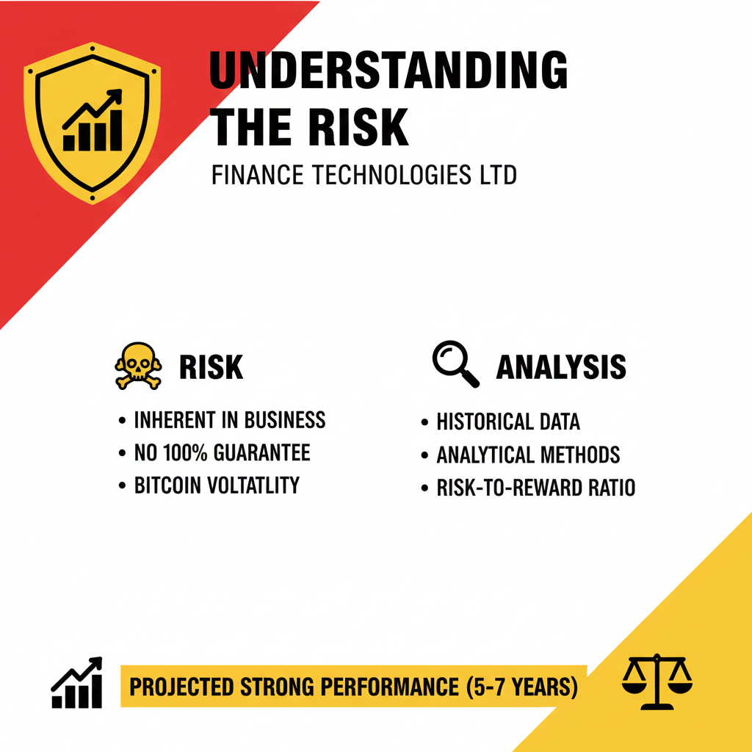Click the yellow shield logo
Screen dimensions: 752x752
[x=92, y=123]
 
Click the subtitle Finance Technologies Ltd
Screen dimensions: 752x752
[x=364, y=175]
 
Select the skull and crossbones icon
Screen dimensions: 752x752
[x=138, y=366]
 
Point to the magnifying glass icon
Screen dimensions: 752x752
[x=455, y=364]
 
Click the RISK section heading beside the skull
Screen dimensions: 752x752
[x=211, y=367]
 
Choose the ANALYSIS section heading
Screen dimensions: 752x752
[x=561, y=367]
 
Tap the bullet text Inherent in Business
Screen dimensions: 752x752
[x=230, y=420]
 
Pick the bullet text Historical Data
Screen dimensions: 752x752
[x=508, y=422]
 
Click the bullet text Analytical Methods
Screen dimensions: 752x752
[x=528, y=455]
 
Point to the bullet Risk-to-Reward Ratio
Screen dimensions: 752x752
[x=535, y=488]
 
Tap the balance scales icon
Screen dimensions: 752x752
[x=657, y=681]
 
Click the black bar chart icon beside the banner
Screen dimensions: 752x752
[x=76, y=682]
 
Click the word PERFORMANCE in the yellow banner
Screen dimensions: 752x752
[x=390, y=687]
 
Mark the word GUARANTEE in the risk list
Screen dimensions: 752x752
[x=262, y=452]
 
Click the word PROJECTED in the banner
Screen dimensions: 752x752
[x=182, y=687]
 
